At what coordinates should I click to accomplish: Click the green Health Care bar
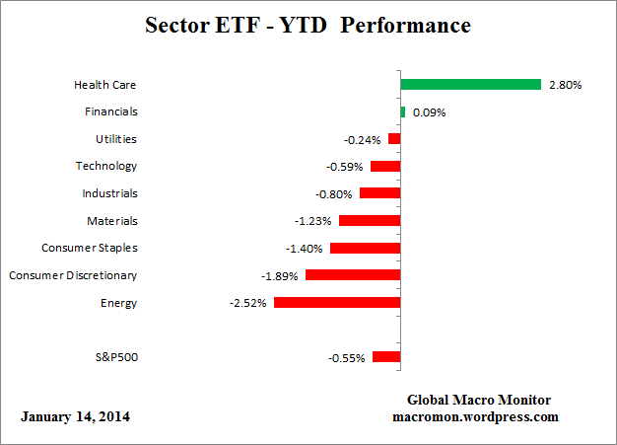click(471, 85)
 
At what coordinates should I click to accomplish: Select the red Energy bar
click(337, 303)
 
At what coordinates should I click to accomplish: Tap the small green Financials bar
click(403, 111)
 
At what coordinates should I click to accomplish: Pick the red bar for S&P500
click(386, 357)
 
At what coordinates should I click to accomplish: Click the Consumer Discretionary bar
click(353, 275)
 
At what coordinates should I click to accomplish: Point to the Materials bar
click(370, 221)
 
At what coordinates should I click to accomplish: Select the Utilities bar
click(394, 139)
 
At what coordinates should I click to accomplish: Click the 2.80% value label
click(565, 85)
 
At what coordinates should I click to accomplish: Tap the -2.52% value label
click(248, 303)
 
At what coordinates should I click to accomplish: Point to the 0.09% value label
click(429, 112)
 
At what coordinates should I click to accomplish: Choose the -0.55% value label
click(347, 357)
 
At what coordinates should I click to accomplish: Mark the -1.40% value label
click(304, 249)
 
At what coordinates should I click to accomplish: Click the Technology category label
click(106, 166)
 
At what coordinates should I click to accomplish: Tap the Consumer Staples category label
click(89, 248)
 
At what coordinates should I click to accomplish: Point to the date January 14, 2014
click(75, 416)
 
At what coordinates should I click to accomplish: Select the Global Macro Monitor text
click(479, 400)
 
